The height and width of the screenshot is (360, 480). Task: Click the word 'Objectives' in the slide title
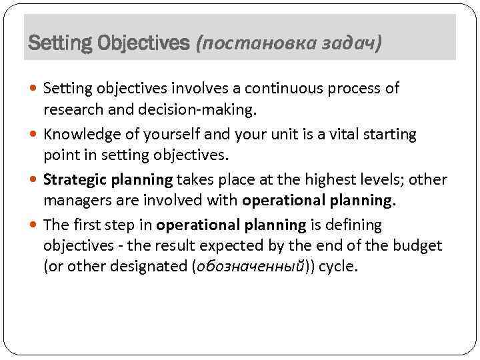[x=143, y=44]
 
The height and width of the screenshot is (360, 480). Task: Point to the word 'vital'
[x=331, y=135]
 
